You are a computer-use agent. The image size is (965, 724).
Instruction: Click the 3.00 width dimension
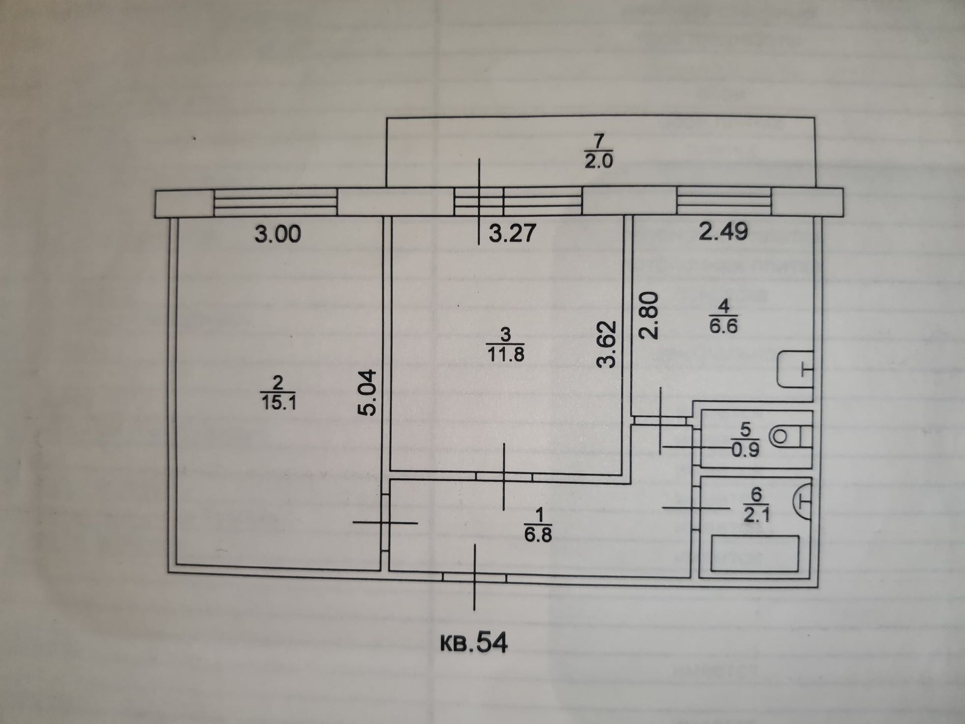coord(277,234)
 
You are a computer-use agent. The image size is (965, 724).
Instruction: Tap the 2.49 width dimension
coord(723,232)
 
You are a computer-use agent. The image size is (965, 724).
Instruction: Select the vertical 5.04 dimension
coord(368,393)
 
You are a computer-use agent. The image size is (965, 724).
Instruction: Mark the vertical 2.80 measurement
coord(648,316)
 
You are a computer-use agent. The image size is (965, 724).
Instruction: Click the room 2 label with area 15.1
coord(278,394)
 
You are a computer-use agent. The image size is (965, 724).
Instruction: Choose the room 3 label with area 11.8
coord(506,345)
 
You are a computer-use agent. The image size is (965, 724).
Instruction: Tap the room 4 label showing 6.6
coord(723,317)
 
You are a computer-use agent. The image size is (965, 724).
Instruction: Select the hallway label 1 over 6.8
coord(538,525)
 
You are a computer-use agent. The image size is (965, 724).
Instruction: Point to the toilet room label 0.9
coord(745,440)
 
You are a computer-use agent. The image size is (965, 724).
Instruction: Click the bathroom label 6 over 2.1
coord(756,505)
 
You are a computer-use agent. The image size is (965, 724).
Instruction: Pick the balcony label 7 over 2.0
coord(598,151)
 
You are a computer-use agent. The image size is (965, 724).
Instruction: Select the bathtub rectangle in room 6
coord(755,553)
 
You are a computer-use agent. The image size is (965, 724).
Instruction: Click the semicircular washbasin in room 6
coord(803,501)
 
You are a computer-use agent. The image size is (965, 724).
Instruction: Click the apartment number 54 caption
coord(474,643)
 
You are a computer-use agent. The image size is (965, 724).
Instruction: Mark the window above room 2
coord(275,202)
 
